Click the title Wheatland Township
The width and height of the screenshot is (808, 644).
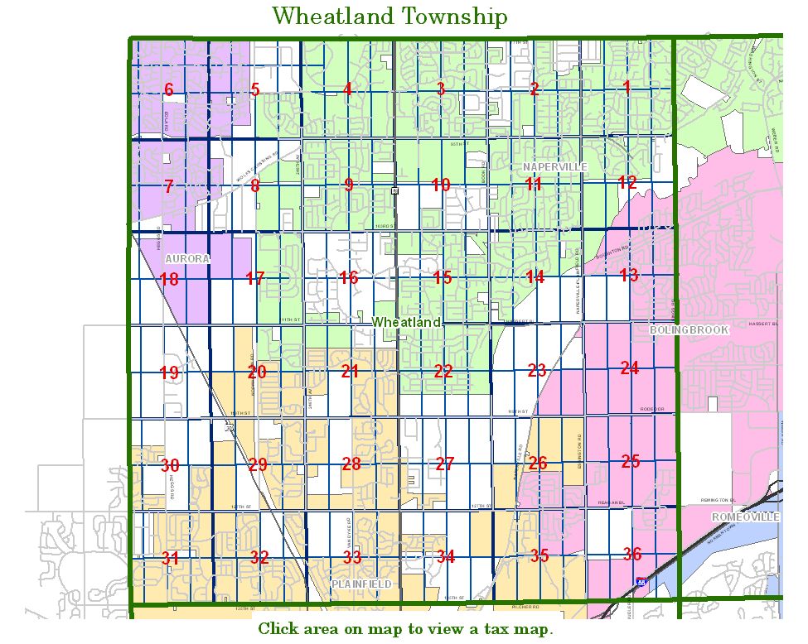[x=389, y=16]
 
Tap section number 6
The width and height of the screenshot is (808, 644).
[x=168, y=90]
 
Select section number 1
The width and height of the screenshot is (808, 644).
[x=627, y=87]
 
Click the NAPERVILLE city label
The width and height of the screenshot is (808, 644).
[x=554, y=166]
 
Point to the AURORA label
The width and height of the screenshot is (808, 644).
[x=187, y=258]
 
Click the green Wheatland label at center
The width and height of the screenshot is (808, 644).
[x=405, y=321]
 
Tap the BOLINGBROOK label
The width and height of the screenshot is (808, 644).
[x=689, y=329]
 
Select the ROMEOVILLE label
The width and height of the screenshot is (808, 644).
[x=746, y=517]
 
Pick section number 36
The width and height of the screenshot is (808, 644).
[x=632, y=554]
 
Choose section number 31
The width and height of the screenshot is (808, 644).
[x=170, y=558]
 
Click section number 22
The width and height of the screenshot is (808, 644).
[x=443, y=372]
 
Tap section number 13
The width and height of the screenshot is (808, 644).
[x=629, y=275]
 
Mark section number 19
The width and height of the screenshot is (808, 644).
[x=169, y=373]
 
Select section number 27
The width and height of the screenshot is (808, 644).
[x=445, y=464]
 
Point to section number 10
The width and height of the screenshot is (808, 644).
[x=441, y=185]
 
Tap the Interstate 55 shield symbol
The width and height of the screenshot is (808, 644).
[x=641, y=583]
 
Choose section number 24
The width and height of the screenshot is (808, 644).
[x=630, y=368]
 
